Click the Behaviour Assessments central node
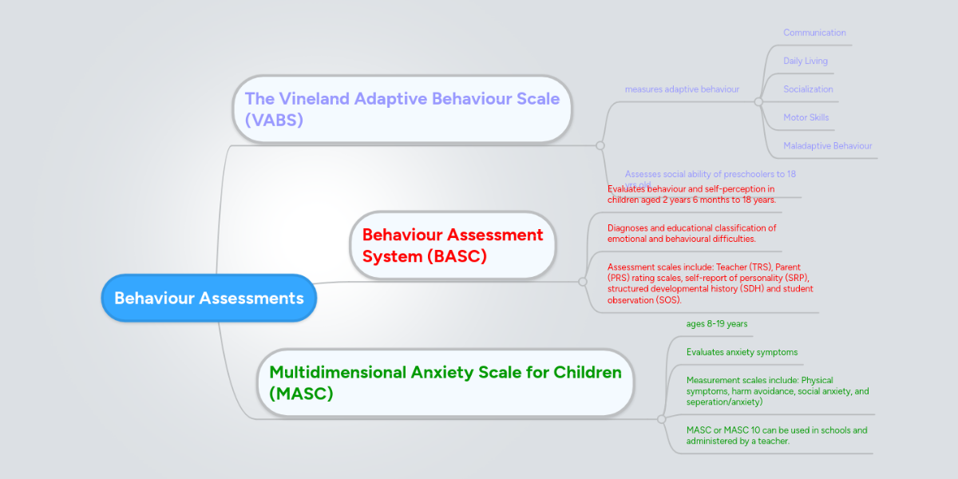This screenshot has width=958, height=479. pyautogui.click(x=208, y=298)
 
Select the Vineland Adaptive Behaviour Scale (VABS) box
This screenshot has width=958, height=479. pyautogui.click(x=402, y=109)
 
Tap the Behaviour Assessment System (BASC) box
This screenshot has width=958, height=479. pyautogui.click(x=452, y=245)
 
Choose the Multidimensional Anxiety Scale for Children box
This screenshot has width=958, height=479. pyautogui.click(x=445, y=382)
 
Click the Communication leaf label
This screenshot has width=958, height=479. pyautogui.click(x=814, y=33)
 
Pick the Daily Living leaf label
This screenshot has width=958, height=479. pyautogui.click(x=805, y=61)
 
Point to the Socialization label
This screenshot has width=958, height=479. pyautogui.click(x=808, y=89)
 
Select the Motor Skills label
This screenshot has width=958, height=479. pyautogui.click(x=806, y=117)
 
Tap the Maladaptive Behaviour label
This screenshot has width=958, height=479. pyautogui.click(x=827, y=146)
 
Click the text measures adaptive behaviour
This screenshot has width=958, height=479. pyautogui.click(x=682, y=89)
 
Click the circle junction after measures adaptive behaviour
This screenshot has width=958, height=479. pyautogui.click(x=758, y=101)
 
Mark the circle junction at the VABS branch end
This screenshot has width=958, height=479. pyautogui.click(x=600, y=145)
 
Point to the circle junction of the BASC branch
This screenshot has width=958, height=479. pyautogui.click(x=581, y=281)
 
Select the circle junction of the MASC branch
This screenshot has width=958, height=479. pyautogui.click(x=661, y=418)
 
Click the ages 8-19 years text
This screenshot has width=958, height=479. pyautogui.click(x=717, y=323)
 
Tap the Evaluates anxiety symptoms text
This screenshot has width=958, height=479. pyautogui.click(x=742, y=352)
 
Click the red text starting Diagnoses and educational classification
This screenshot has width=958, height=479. pyautogui.click(x=691, y=233)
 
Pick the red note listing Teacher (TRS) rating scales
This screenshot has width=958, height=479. pyautogui.click(x=710, y=283)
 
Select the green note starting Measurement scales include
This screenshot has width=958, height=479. pyautogui.click(x=777, y=391)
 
